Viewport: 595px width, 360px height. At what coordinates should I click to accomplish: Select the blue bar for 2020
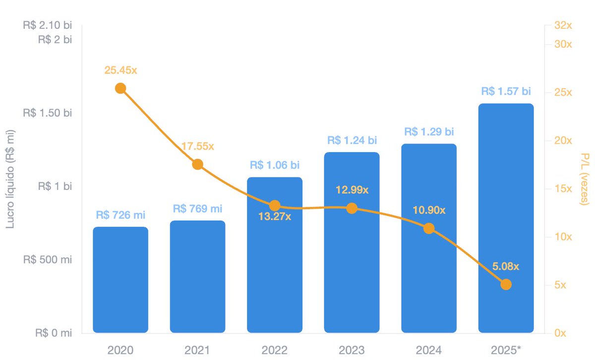[120, 280]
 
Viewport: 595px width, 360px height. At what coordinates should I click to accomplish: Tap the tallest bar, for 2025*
[506, 218]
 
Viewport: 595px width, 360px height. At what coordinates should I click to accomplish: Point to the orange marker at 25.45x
[120, 88]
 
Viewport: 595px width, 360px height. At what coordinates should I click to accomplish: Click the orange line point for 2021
[197, 164]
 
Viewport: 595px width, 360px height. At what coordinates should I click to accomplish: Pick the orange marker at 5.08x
[506, 284]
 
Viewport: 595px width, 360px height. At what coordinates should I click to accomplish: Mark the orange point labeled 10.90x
[429, 229]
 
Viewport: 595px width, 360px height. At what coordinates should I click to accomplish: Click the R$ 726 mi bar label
[120, 215]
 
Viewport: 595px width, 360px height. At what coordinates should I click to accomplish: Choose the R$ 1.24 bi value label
[352, 140]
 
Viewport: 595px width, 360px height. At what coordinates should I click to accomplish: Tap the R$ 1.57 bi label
[506, 91]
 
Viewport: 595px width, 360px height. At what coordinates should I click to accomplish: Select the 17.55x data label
[197, 146]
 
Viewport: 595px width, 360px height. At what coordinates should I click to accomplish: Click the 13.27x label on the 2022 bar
[275, 217]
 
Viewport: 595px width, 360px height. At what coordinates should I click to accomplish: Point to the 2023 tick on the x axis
[352, 350]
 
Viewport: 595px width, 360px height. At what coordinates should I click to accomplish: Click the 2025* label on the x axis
[506, 350]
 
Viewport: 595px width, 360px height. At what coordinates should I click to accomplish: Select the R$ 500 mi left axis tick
[48, 259]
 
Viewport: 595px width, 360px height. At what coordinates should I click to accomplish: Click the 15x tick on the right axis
[563, 188]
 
